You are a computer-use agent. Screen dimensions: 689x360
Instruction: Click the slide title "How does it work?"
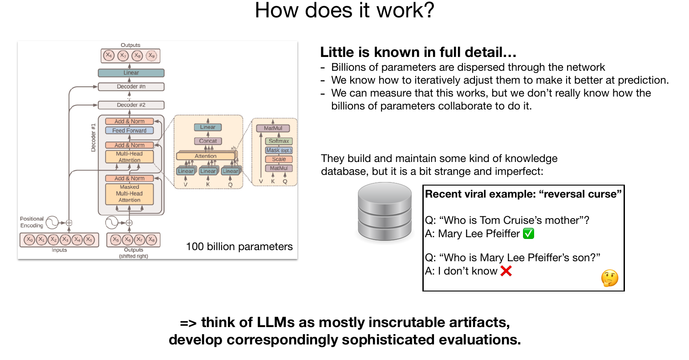(344, 10)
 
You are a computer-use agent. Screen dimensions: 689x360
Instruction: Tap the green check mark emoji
(528, 234)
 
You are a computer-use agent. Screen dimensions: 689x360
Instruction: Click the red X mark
(506, 271)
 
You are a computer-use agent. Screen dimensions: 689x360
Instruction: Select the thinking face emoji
(610, 278)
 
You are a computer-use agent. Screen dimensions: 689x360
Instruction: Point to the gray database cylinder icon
(385, 211)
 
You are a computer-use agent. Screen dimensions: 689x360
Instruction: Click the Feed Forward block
(129, 131)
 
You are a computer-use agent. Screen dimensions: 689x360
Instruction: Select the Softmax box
(279, 141)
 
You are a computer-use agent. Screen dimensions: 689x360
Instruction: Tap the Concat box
(208, 141)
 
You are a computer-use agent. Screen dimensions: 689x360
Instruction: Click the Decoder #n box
(131, 87)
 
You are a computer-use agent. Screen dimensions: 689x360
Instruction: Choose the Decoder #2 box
(131, 105)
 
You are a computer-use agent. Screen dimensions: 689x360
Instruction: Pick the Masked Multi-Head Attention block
(129, 194)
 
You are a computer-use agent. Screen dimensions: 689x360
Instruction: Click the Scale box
(279, 159)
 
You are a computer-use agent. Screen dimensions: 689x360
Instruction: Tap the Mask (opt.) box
(279, 150)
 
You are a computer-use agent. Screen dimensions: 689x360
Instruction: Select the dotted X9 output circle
(151, 56)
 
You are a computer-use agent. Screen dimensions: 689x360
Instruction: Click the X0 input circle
(29, 239)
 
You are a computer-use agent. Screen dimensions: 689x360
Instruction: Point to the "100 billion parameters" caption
(239, 247)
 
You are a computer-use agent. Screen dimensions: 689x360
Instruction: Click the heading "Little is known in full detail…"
(418, 52)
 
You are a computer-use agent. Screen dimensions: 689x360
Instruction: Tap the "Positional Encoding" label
(32, 222)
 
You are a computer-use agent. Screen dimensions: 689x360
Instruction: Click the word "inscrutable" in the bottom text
(407, 323)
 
